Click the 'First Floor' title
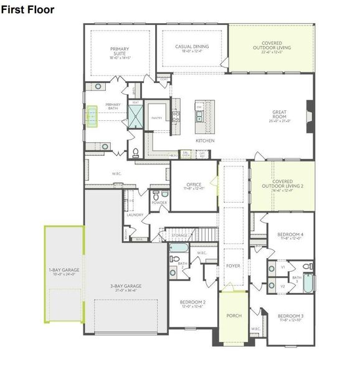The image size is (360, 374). click(x=28, y=9)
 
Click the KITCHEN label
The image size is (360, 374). click(x=206, y=141)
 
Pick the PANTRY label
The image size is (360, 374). click(x=156, y=117)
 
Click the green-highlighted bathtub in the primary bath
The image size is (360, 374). click(x=92, y=116)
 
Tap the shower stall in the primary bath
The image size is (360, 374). click(x=135, y=116)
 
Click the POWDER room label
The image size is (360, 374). click(x=160, y=203)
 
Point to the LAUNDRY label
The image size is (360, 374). click(x=136, y=216)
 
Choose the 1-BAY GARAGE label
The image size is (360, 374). click(x=63, y=272)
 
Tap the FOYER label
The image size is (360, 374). click(x=233, y=266)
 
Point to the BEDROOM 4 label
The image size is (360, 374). click(x=290, y=236)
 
